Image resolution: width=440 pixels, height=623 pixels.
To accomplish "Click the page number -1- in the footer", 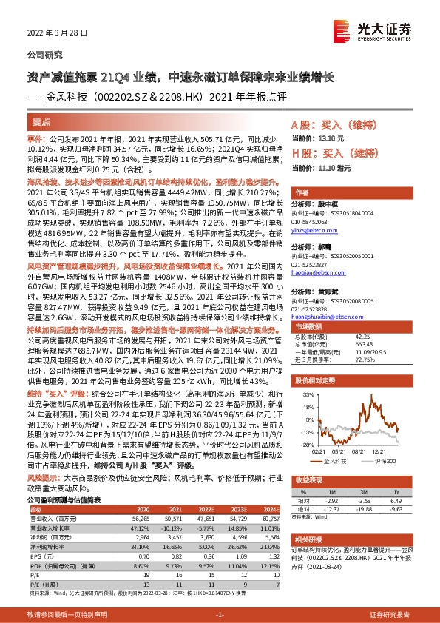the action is pyautogui.click(x=220, y=615).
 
